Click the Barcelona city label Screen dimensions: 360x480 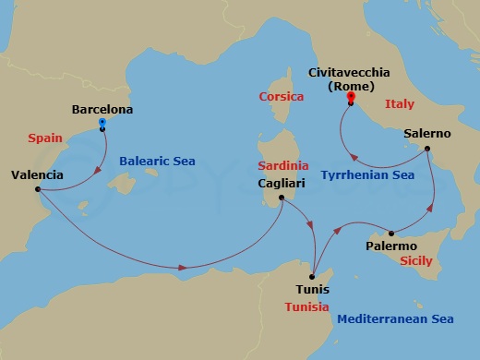pyautogui.click(x=102, y=110)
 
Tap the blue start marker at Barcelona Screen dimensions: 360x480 pyautogui.click(x=102, y=122)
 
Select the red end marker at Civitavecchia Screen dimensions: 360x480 pyautogui.click(x=351, y=96)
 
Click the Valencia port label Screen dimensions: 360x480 pyautogui.click(x=38, y=174)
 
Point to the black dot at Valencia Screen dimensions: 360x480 pyautogui.click(x=38, y=190)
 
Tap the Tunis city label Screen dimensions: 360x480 pyautogui.click(x=313, y=289)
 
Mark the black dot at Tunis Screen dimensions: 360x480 pyautogui.click(x=314, y=274)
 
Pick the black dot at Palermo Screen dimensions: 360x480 pyautogui.click(x=391, y=234)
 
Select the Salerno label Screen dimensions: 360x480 pyautogui.click(x=427, y=134)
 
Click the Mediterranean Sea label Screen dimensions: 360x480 pyautogui.click(x=396, y=319)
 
